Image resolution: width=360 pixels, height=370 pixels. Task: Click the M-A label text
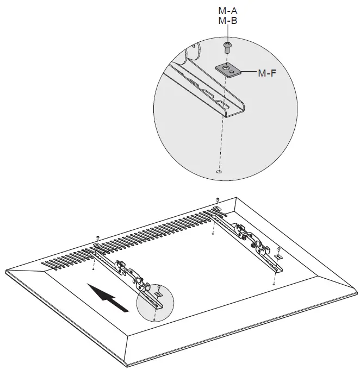click(227, 11)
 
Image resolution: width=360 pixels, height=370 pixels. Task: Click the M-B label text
click(227, 21)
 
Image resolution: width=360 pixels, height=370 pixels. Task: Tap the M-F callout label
click(267, 72)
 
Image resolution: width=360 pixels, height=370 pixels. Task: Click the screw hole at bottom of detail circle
click(219, 172)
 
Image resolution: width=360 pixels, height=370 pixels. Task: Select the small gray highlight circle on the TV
click(154, 300)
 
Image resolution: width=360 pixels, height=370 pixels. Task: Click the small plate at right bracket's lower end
click(278, 257)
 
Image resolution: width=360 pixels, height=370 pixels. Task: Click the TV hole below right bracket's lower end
click(274, 283)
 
